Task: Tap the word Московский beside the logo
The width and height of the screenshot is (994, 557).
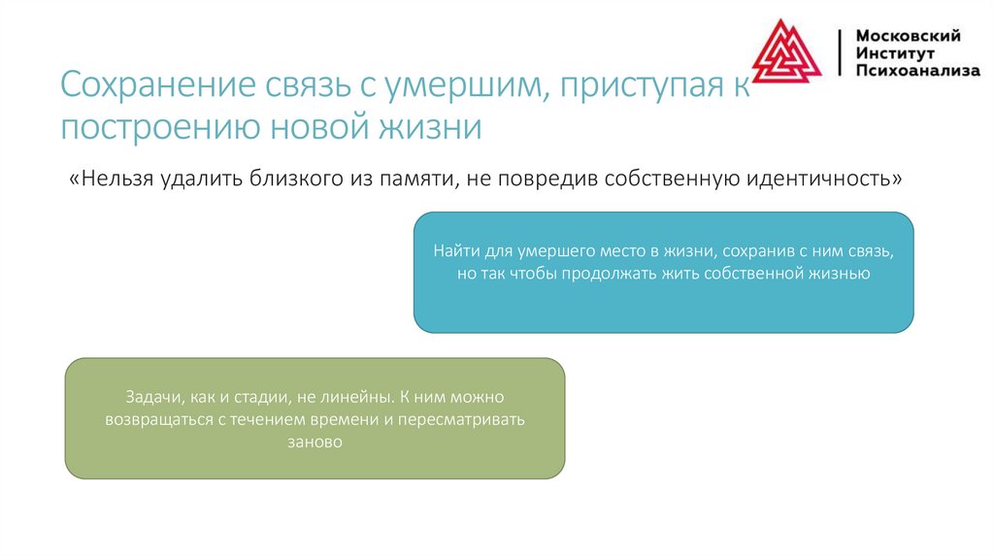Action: pos(908,36)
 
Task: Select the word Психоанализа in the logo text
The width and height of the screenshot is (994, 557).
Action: pos(917,71)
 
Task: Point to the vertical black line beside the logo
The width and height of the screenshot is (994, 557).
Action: pos(840,53)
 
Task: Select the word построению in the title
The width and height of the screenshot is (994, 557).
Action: pos(155,127)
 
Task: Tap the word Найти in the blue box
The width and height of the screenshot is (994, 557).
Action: pos(453,250)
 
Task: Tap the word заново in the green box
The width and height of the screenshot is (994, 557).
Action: pos(315,442)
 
